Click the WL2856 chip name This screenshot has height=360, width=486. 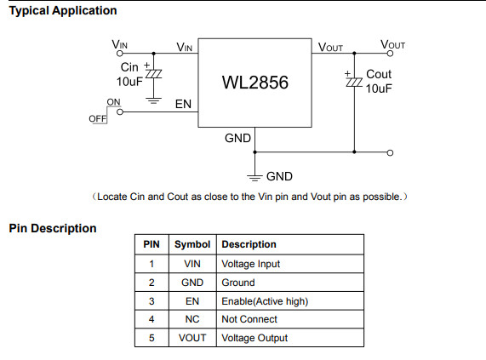click(255, 83)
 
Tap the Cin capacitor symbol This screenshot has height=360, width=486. click(154, 74)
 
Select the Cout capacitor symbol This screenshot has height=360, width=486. click(354, 83)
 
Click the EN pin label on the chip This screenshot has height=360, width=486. click(183, 104)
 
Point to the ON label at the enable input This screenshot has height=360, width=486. click(113, 102)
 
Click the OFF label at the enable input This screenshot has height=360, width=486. click(97, 118)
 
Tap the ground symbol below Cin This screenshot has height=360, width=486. click(154, 101)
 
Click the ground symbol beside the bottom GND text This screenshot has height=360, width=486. click(254, 178)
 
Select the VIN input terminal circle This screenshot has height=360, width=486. click(120, 54)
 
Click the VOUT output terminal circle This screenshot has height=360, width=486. click(390, 54)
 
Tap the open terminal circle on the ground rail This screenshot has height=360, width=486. click(390, 152)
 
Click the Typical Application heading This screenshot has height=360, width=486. click(63, 11)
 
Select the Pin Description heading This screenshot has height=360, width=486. click(53, 228)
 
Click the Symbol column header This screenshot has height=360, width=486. click(192, 244)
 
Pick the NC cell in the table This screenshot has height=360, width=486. click(192, 319)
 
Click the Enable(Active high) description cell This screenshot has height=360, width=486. click(265, 301)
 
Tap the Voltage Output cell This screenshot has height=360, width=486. click(254, 338)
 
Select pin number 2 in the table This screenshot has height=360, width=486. click(152, 283)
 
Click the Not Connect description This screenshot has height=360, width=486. click(249, 319)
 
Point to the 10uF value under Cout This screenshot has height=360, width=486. click(379, 89)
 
